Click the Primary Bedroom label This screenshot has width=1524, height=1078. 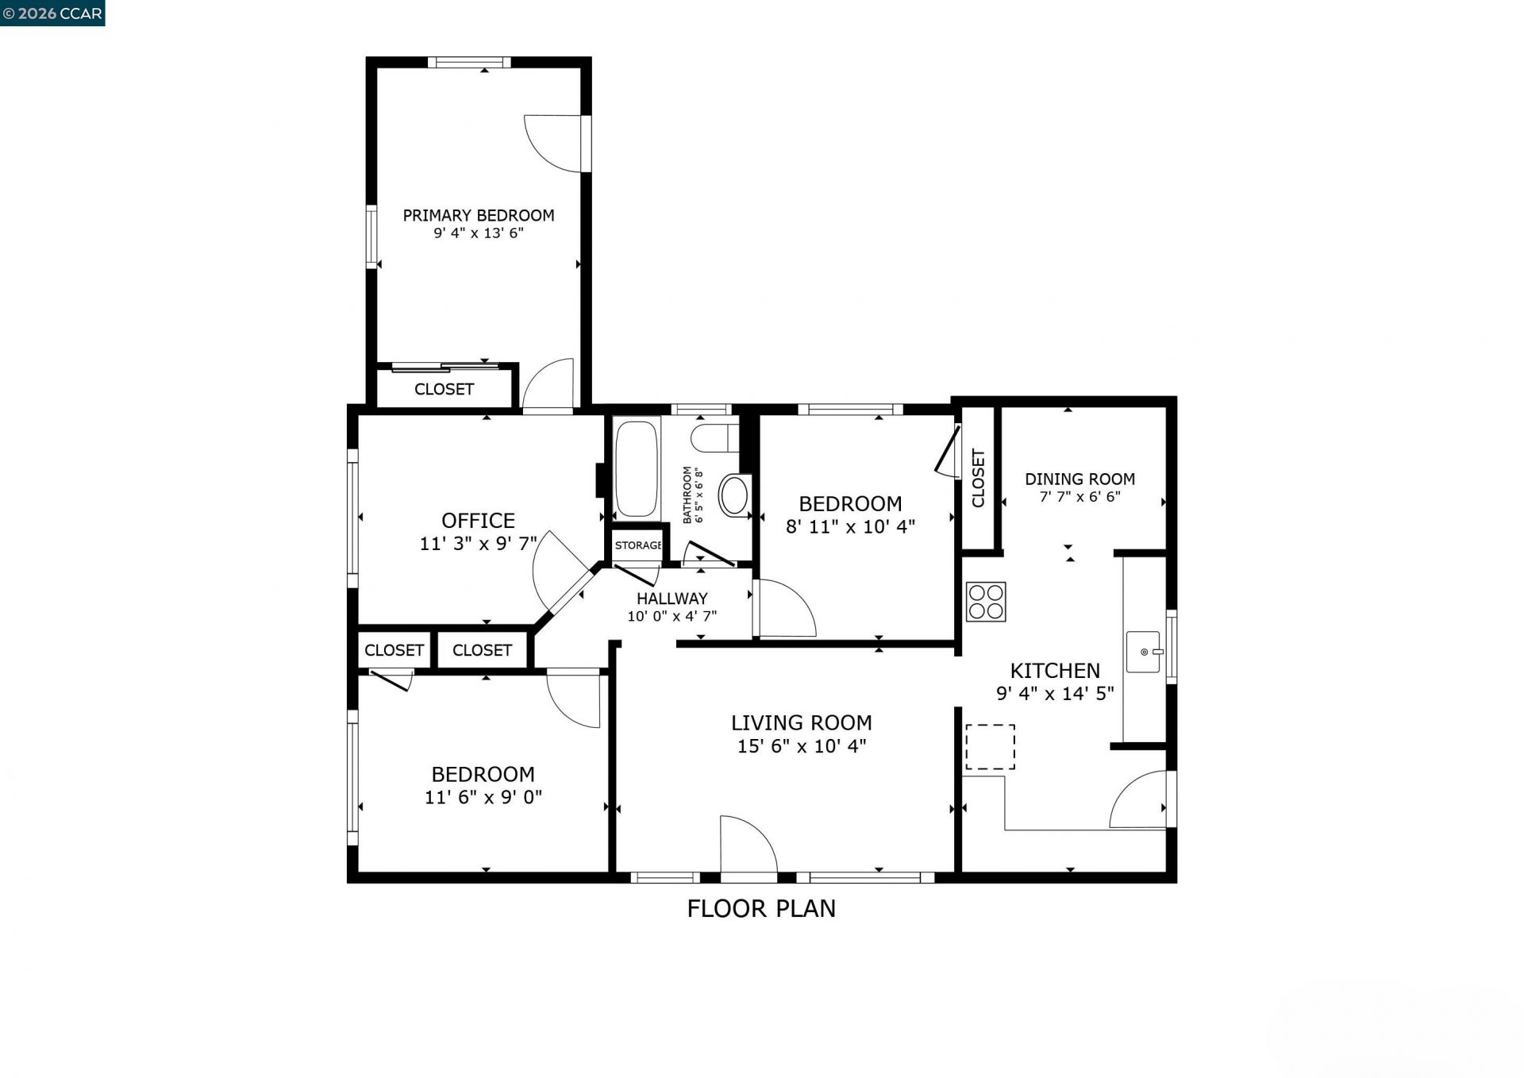478,215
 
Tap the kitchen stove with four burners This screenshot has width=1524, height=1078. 986,602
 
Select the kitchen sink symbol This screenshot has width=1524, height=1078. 1144,652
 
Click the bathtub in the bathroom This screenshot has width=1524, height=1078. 637,469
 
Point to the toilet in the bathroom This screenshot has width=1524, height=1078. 714,437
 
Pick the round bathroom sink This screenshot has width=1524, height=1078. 734,495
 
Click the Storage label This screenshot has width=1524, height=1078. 637,545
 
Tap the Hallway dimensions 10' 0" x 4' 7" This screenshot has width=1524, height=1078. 672,616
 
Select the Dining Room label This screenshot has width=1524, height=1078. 1079,479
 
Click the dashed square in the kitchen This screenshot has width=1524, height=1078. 990,747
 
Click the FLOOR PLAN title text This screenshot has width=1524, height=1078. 761,908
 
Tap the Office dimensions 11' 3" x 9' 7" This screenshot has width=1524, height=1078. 478,544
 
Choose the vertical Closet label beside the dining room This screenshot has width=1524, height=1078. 978,478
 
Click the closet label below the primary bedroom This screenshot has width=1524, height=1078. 444,389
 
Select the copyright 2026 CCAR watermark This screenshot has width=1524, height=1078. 52,13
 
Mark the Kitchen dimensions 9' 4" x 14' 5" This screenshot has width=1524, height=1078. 1055,693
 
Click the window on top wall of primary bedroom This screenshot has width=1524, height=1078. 469,62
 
